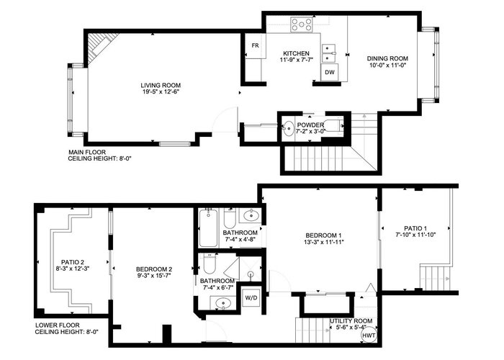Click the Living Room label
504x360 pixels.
coord(161,85)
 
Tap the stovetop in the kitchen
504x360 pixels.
coord(302,24)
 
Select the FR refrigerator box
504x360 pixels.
coord(255,45)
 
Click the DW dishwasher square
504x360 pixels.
coord(330,72)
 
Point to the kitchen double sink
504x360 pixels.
coord(329,53)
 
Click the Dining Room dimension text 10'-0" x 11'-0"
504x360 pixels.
coord(387,66)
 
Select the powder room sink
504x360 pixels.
coord(288,129)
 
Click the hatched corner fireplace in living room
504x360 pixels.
coord(99,45)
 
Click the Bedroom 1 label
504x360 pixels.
coord(323,235)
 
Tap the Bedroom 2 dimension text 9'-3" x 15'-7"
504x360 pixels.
coord(154,276)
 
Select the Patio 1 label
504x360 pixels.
coord(415,228)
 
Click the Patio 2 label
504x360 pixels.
coord(73,262)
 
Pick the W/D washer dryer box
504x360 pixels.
coord(251,298)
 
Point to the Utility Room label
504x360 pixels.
coord(351,321)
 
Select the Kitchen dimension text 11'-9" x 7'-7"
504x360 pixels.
coord(297,60)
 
